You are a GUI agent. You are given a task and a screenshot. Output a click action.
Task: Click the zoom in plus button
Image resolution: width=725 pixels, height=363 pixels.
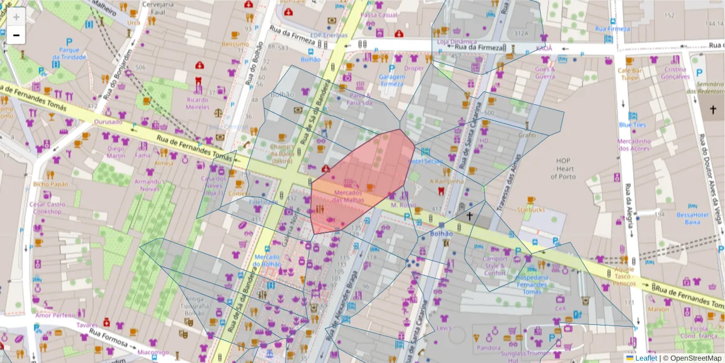[x=16, y=17]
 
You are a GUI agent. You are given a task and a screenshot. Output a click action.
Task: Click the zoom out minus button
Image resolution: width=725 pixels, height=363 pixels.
[x=16, y=35]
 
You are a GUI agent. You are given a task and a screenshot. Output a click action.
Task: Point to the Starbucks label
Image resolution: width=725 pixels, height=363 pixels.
[x=530, y=209]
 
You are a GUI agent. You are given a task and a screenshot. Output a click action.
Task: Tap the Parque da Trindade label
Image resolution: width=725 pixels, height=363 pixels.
[x=69, y=53]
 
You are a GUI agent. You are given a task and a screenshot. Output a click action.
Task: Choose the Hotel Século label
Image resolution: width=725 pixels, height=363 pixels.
[x=425, y=162]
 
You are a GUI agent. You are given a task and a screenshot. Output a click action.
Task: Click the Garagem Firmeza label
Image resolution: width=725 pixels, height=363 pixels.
[x=391, y=80]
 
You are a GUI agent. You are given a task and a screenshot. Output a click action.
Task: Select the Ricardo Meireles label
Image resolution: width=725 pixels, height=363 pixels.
[x=198, y=103]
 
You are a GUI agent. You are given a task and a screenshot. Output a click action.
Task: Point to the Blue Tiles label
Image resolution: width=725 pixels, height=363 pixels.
[x=632, y=125]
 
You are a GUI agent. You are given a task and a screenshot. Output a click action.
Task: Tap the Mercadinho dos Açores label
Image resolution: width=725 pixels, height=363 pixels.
[x=634, y=145]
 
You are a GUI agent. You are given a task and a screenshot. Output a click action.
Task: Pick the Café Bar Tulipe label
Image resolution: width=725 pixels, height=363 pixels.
[x=628, y=74]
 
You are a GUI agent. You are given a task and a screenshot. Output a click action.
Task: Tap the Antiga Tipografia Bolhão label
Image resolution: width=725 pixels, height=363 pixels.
[x=195, y=306]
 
